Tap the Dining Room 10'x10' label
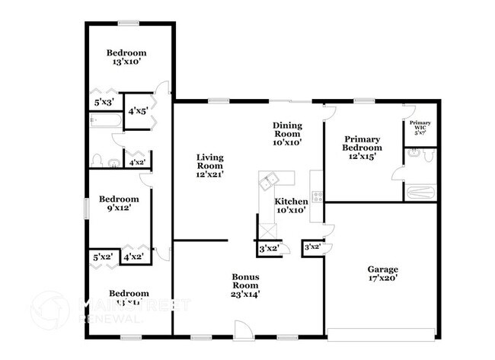coord(288,133)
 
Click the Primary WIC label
coord(420,126)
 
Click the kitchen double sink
coord(269,182)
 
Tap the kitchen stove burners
coord(317,195)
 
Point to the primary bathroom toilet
coord(427,155)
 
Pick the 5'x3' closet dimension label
coord(104,102)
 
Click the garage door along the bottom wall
coord(382,333)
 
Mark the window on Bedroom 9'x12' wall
coord(85,207)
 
